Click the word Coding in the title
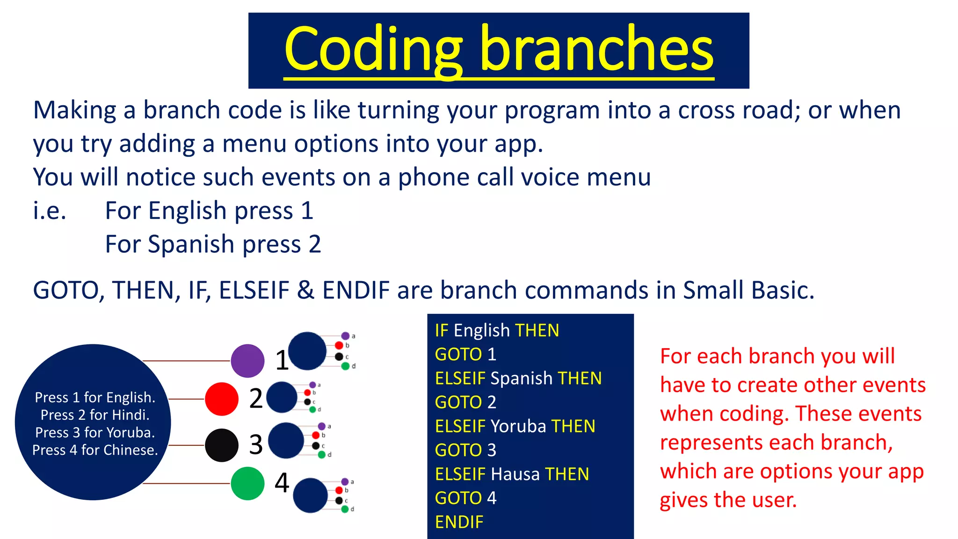point(373,49)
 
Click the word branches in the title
point(596,49)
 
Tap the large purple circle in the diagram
point(247,361)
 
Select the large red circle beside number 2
point(222,399)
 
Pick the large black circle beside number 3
point(222,445)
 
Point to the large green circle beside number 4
point(247,483)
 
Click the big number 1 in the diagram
point(282,361)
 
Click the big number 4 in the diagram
point(282,483)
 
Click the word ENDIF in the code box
point(459,522)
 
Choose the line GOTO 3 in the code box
point(465,450)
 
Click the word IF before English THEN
point(441,331)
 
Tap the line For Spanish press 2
point(213,244)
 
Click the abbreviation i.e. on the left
point(50,211)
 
